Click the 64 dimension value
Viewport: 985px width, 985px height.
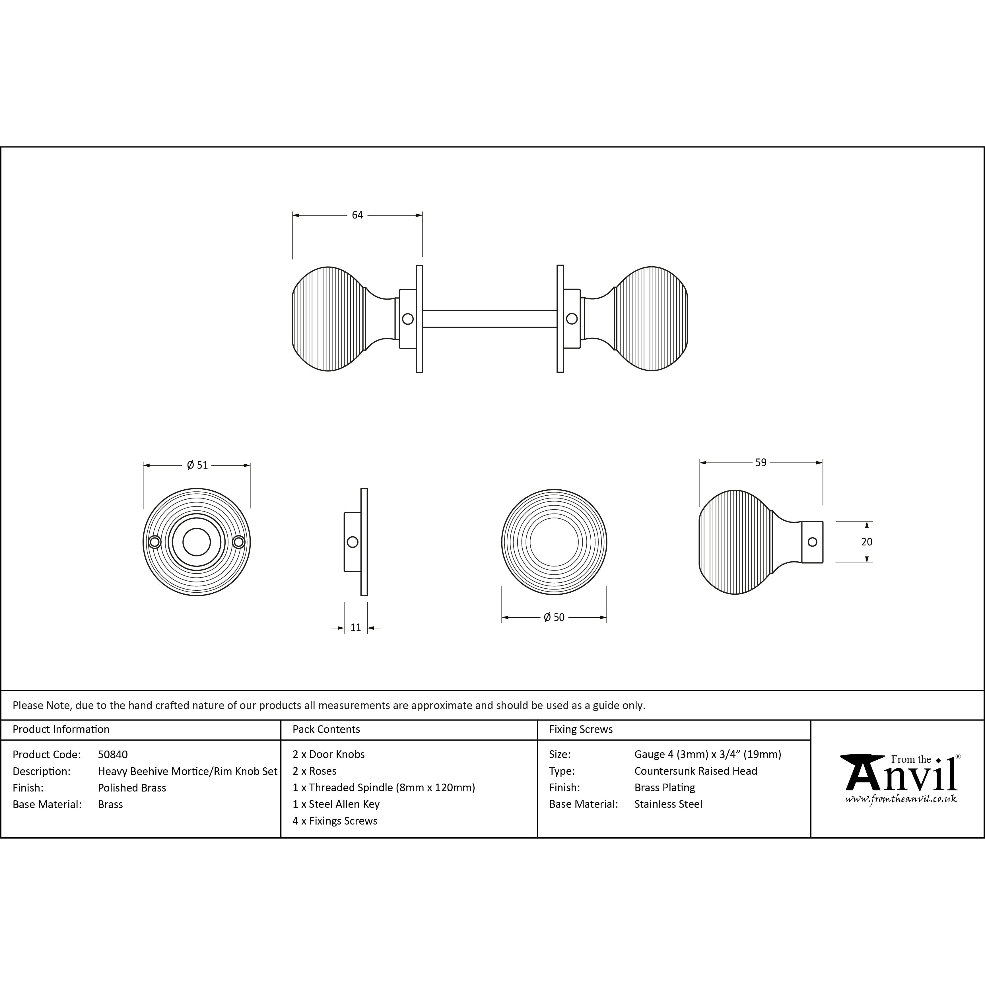click(x=357, y=215)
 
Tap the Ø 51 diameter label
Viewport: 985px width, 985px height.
click(x=197, y=465)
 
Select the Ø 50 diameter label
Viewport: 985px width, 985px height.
click(x=554, y=617)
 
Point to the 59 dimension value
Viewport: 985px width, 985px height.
click(x=761, y=462)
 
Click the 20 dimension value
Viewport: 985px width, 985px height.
click(x=867, y=542)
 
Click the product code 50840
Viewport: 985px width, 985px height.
click(x=113, y=755)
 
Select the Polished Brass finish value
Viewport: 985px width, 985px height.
click(x=132, y=788)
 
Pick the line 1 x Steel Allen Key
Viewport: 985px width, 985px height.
click(x=336, y=804)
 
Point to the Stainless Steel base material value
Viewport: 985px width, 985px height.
click(x=668, y=804)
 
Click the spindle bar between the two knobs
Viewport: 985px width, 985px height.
click(x=489, y=319)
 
